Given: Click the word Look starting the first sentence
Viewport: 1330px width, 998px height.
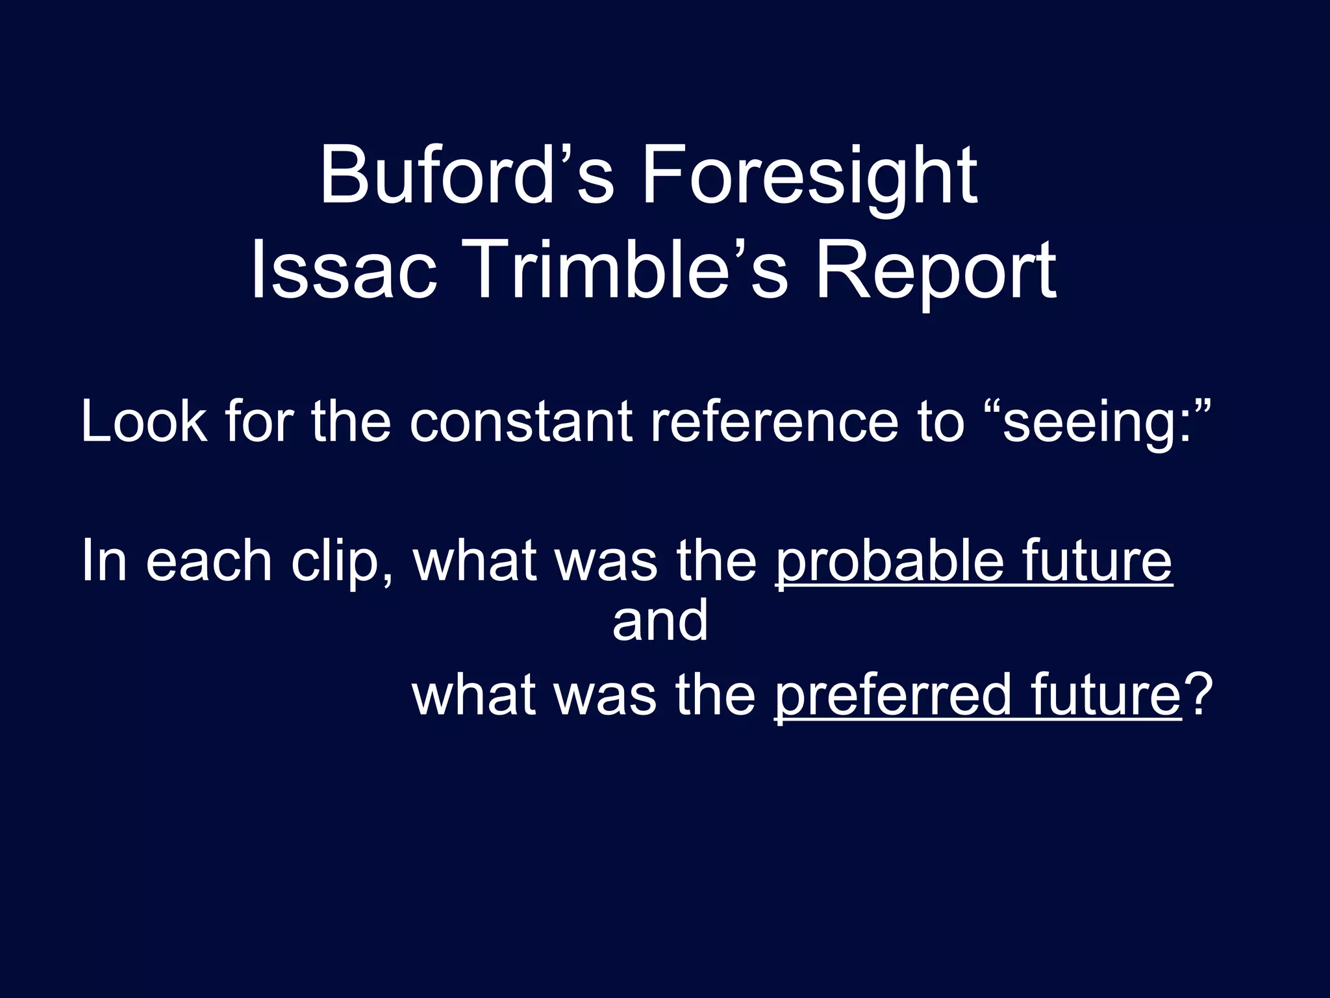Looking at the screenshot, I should (144, 422).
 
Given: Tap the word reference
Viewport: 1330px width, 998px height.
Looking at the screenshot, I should (775, 422).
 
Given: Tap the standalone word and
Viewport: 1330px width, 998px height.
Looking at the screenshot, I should (660, 621).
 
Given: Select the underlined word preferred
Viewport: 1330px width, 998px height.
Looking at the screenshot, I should (892, 696).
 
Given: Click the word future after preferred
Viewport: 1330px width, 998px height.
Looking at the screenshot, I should (1105, 695).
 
